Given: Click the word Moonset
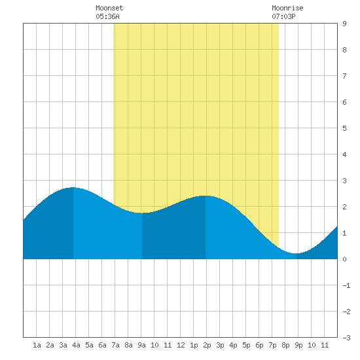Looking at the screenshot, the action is click(x=109, y=8).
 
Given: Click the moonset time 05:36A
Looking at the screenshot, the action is click(x=107, y=16).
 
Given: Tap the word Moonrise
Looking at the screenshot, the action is click(x=287, y=8).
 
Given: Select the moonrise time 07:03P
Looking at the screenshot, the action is click(x=283, y=16).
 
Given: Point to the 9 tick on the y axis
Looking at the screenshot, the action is click(x=344, y=24).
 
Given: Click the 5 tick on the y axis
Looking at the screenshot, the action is click(x=344, y=128).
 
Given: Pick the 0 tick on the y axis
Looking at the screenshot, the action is click(x=344, y=259).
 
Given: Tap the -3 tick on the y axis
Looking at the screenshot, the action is click(x=346, y=338).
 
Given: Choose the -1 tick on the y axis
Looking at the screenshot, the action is click(x=346, y=285).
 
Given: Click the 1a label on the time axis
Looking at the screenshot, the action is click(x=37, y=345).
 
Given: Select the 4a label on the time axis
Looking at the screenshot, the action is click(x=76, y=345).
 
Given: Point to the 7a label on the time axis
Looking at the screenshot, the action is click(x=115, y=345).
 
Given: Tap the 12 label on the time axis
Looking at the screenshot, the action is click(x=181, y=345).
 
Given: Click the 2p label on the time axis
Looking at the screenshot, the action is click(x=207, y=345).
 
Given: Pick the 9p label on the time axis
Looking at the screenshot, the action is click(x=298, y=345).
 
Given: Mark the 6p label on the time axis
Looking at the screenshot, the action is click(x=259, y=345).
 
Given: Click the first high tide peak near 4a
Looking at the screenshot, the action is click(x=73, y=188).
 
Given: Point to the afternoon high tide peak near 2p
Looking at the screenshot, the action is click(x=206, y=196).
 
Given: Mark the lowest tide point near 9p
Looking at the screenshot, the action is click(x=297, y=253).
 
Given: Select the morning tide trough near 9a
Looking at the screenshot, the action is click(x=142, y=213).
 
